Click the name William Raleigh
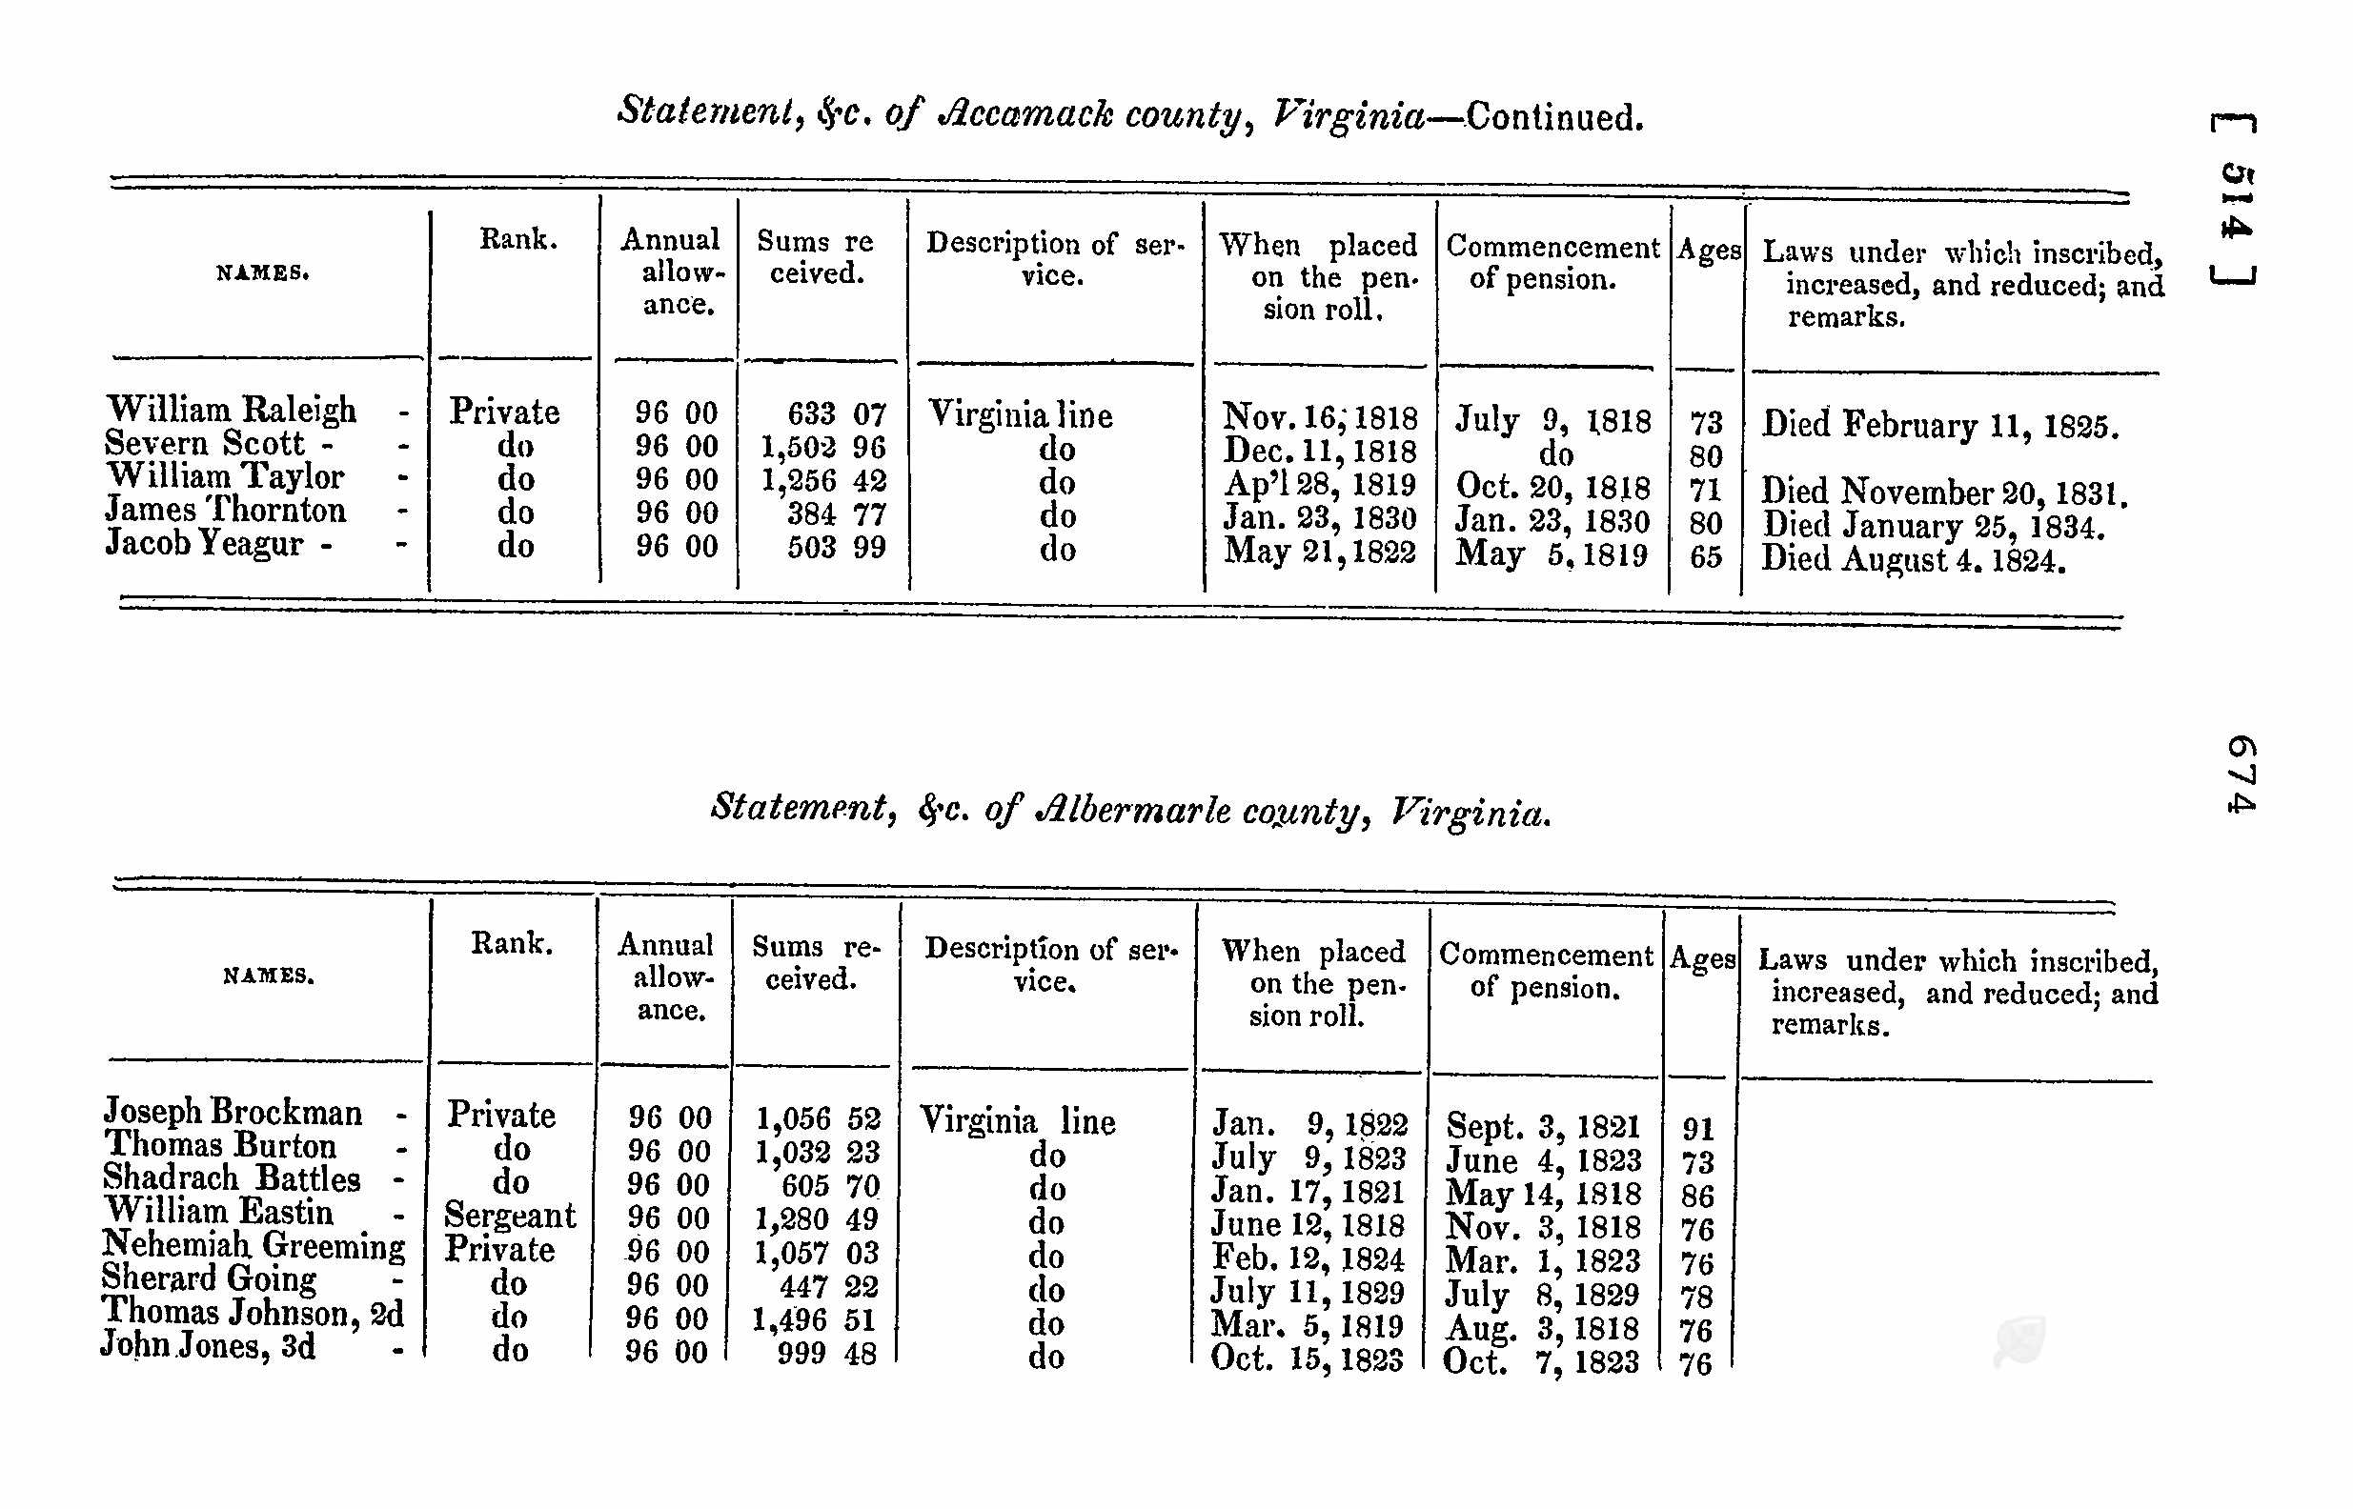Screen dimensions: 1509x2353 coord(232,410)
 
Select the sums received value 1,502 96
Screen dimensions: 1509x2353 coord(823,448)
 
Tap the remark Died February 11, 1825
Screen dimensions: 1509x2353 coord(1939,425)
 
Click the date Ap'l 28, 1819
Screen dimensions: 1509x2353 coord(1319,484)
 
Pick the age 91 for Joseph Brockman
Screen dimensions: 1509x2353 coord(1697,1129)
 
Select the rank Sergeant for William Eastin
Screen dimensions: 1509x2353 coord(510,1215)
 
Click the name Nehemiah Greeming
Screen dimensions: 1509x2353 coord(253,1244)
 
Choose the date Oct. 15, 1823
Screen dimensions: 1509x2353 coord(1307,1359)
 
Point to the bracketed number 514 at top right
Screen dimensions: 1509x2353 coord(2235,201)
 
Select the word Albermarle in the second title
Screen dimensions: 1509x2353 coord(1135,812)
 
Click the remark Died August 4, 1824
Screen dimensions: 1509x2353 coord(1913,559)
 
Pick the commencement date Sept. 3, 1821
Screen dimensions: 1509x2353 coord(1543,1127)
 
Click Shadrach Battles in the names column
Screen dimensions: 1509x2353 coord(232,1177)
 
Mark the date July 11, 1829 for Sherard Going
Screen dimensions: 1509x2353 coord(1308,1292)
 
